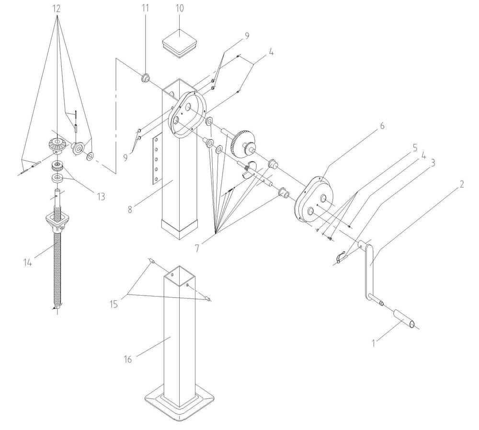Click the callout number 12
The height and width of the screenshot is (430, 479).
pos(57,9)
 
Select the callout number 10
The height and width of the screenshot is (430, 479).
pos(180,8)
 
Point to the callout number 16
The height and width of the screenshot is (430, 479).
pos(128,359)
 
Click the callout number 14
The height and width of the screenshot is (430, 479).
pos(27,262)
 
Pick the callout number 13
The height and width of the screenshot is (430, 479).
pos(101,197)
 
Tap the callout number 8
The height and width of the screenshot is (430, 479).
pos(130,209)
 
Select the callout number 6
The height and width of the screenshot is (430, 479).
pos(382,126)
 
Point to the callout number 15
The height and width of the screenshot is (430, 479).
pos(114,304)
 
